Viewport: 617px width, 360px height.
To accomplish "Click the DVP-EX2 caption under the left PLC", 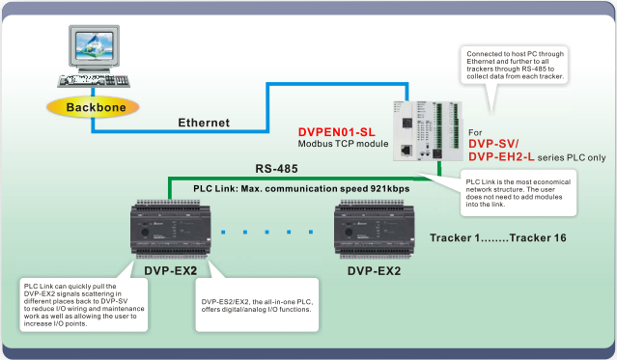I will [170, 271].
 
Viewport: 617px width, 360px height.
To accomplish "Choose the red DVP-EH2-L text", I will [501, 157].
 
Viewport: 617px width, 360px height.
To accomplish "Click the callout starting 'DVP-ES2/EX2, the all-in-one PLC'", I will [259, 306].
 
